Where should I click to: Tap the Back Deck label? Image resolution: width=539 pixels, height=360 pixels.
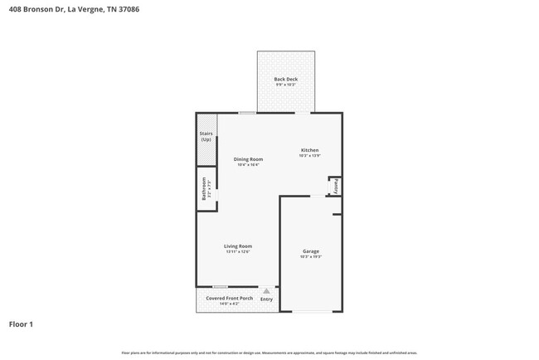tap(286, 80)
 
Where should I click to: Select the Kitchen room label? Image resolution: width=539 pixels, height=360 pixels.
tap(310, 150)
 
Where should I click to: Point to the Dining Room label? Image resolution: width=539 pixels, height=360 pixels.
tap(248, 159)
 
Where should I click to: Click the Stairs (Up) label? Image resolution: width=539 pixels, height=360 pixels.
tap(206, 136)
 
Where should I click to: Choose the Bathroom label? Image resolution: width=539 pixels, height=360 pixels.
tap(203, 190)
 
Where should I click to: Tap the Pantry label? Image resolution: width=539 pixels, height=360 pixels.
tap(337, 187)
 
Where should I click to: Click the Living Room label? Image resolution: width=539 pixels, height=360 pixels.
tap(238, 246)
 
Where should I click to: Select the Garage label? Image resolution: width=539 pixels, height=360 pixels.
tap(311, 251)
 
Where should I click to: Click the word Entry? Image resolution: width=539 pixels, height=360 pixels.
tap(266, 299)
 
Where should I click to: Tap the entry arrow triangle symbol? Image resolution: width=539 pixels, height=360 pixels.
tap(266, 290)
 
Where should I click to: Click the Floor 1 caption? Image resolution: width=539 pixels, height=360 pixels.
tap(22, 324)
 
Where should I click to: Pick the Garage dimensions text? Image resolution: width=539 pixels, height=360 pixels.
tap(311, 257)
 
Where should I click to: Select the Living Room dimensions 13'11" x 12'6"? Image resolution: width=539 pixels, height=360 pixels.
tap(238, 251)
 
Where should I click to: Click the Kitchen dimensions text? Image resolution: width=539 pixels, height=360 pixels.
tap(310, 156)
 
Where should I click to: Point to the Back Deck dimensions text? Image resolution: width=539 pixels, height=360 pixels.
tap(286, 85)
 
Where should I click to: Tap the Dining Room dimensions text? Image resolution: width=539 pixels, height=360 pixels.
tap(248, 165)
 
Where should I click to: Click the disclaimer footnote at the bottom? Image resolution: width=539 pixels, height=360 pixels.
tap(269, 353)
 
